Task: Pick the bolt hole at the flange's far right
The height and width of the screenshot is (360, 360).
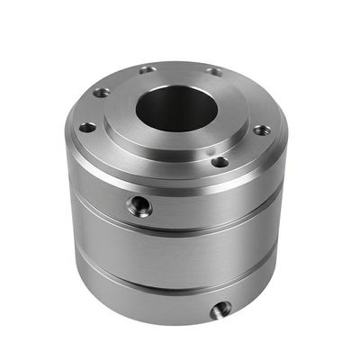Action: [x=260, y=130]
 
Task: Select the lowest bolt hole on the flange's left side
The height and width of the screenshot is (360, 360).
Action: [x=86, y=128]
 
